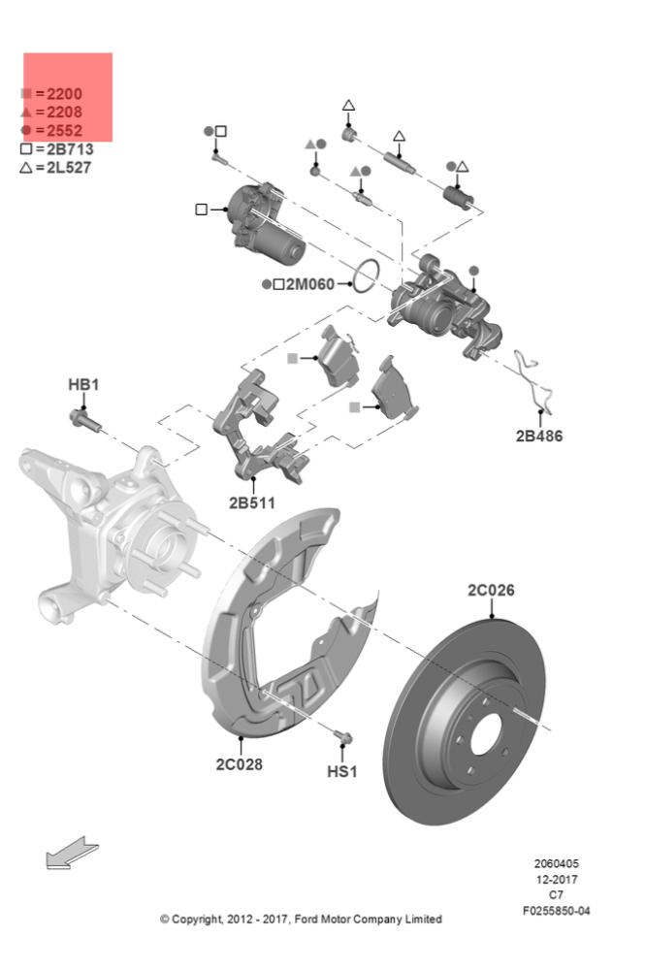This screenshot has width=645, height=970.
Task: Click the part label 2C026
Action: click(x=491, y=590)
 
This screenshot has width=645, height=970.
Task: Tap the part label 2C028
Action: click(x=239, y=763)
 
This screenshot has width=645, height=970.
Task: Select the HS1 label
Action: click(x=341, y=772)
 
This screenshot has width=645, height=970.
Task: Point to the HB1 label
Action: click(x=83, y=385)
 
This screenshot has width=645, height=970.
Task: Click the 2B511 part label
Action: click(x=251, y=503)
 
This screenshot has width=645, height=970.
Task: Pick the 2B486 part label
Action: click(x=538, y=436)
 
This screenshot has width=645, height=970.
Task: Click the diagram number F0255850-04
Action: click(x=556, y=911)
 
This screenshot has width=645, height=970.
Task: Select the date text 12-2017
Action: click(x=556, y=880)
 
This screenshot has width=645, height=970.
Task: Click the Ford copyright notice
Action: click(x=301, y=919)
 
